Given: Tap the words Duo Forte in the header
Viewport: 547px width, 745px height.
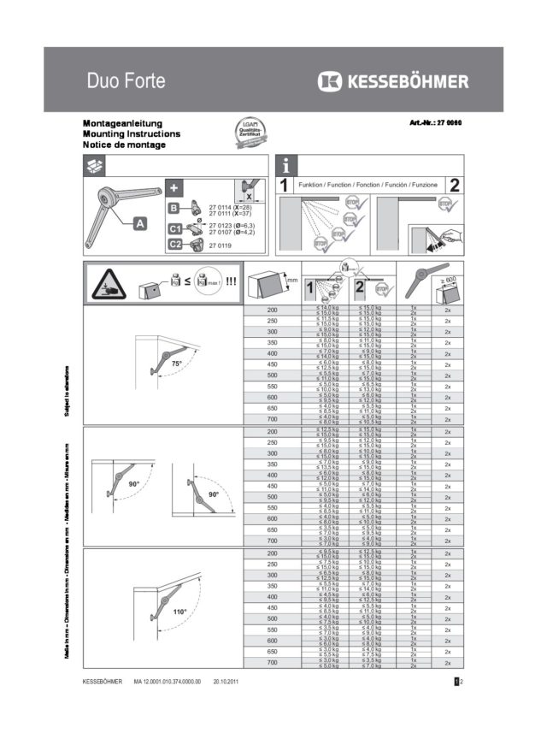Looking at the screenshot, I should pos(126,82).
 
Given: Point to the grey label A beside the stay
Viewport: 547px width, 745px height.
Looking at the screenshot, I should pos(138,224).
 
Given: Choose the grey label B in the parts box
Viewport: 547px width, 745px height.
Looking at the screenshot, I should pos(174,208).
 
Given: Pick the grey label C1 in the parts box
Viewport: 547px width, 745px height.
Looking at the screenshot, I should pos(174,228).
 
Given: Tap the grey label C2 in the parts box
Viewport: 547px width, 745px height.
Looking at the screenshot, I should pos(174,245).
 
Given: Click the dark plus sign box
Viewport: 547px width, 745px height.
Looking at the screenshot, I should pos(174,187).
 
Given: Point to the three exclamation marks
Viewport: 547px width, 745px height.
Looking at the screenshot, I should pos(231,283).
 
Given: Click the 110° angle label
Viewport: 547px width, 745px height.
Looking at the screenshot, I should pos(179,612).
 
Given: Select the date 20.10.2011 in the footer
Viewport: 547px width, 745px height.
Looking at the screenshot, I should pos(229,682).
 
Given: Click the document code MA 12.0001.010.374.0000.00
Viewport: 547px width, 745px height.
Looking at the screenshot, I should pos(167,682).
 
